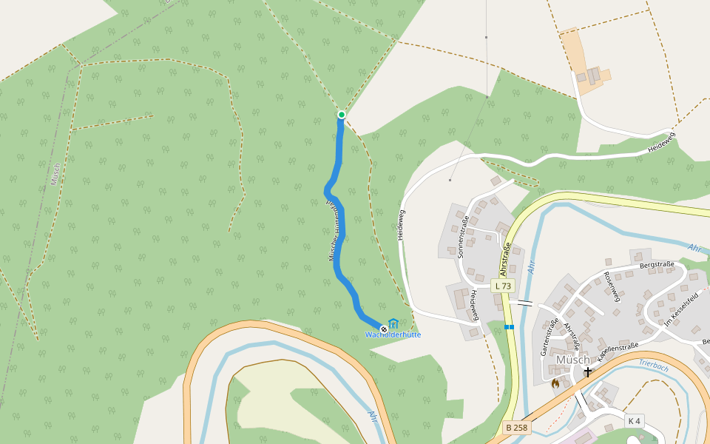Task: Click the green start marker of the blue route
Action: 342,115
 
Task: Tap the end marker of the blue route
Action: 383,329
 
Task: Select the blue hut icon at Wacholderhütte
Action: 393,324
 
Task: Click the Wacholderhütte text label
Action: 393,335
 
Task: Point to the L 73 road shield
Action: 502,286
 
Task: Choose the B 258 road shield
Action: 516,428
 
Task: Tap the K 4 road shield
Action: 634,421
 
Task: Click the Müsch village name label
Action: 572,360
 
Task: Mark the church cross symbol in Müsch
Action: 588,371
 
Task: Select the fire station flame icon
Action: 555,383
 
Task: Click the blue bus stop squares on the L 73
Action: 509,326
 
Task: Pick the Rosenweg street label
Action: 610,286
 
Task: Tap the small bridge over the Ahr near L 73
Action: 525,303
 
